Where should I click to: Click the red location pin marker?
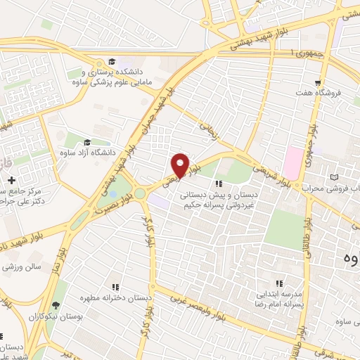click(x=181, y=165)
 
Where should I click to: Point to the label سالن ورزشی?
click(x=21, y=267)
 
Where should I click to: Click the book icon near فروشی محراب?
click(x=335, y=176)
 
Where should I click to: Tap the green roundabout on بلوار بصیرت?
click(x=141, y=192)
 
